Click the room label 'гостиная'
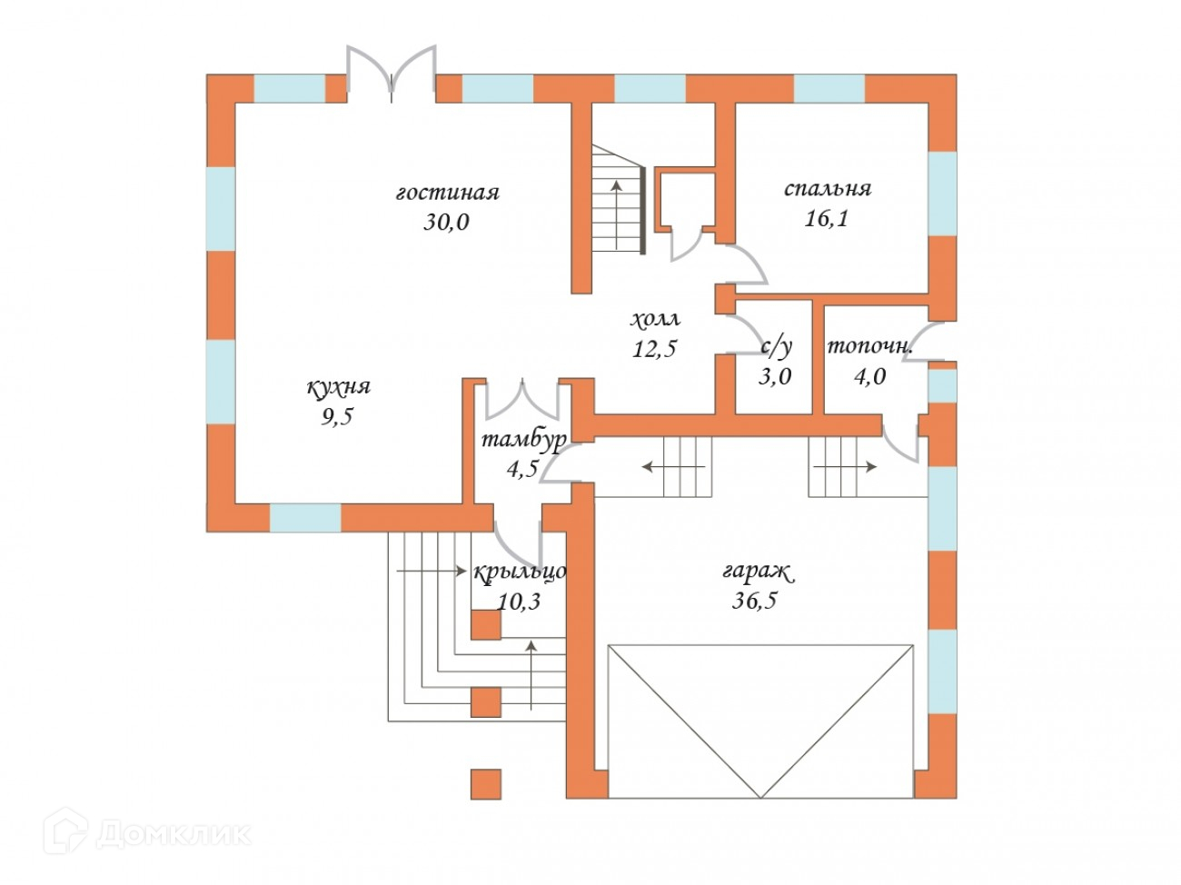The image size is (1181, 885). point(448,193)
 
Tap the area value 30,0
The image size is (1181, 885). point(446,222)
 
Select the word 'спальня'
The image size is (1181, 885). point(827,189)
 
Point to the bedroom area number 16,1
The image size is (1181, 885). point(826,218)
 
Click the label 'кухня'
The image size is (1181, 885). point(338,387)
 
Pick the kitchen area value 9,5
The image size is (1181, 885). point(336,417)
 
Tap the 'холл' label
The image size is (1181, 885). point(655,320)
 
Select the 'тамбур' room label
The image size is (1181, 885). point(523,440)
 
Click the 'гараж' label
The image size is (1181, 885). point(757,572)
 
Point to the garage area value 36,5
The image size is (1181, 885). point(755,601)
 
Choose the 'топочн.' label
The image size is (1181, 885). point(869,346)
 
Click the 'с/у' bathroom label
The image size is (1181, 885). point(776,346)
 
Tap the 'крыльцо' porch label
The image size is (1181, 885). point(520,572)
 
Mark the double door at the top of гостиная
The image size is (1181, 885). point(392,71)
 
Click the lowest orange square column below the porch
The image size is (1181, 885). point(486,784)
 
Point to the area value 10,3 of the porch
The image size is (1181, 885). point(520,601)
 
